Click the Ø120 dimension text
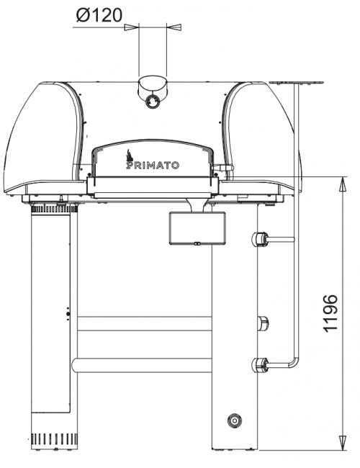point(99,16)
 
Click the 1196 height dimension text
point(330,313)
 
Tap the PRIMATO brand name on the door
point(153,166)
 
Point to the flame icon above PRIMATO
point(130,156)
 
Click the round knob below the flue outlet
point(152,102)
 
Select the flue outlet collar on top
point(152,85)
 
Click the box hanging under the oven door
point(197,228)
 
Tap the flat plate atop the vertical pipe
point(296,82)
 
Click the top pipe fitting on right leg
point(260,239)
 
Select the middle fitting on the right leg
point(263,323)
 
